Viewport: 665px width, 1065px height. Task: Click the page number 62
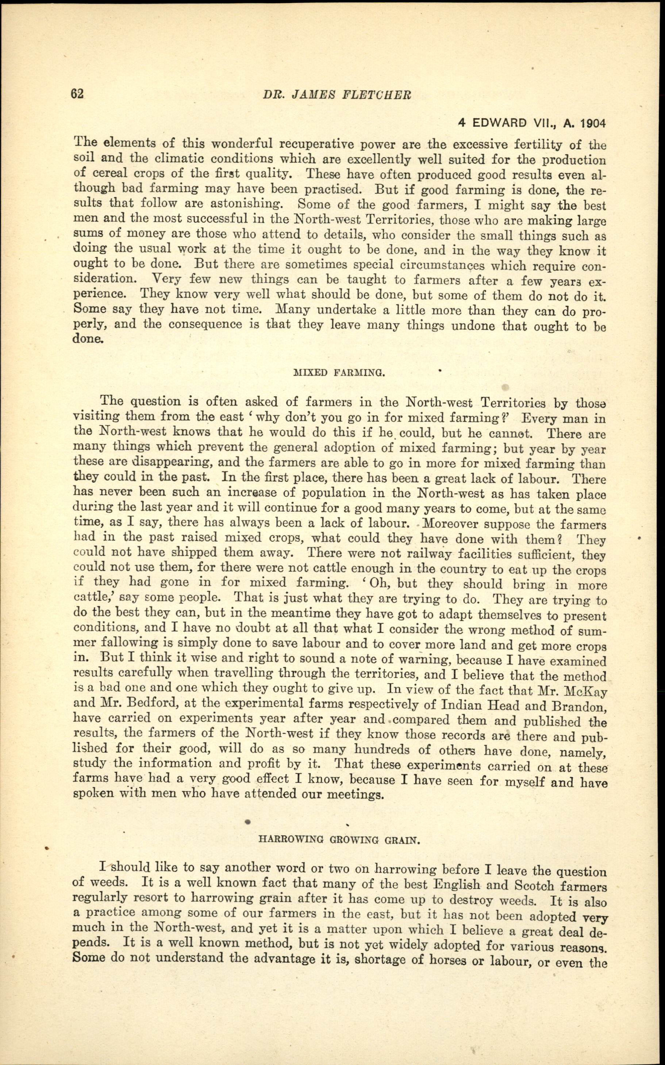pos(77,94)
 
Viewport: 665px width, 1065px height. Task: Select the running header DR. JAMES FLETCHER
pos(337,95)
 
